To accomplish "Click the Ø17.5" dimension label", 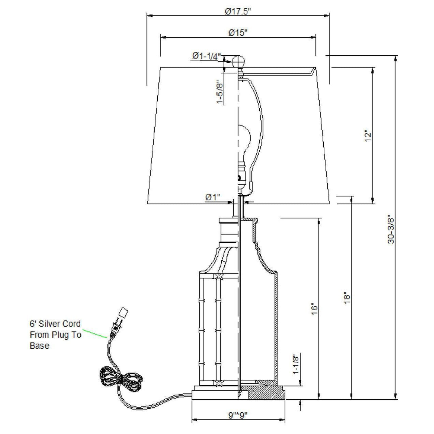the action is coord(238,11).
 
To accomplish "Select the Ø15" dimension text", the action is coord(238,33).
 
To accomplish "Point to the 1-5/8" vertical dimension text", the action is coord(220,92).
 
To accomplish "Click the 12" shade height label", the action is coord(367,135).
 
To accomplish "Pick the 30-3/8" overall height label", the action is coord(391,230).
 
